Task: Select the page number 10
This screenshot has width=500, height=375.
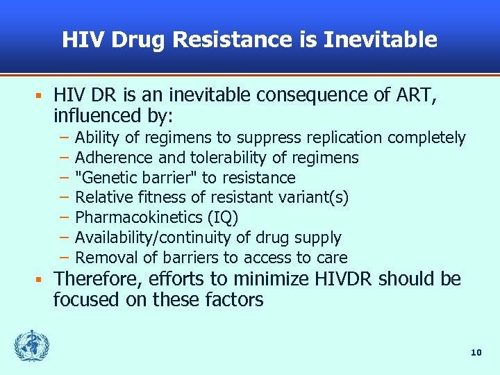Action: click(476, 353)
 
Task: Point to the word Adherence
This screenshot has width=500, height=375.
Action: click(110, 158)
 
